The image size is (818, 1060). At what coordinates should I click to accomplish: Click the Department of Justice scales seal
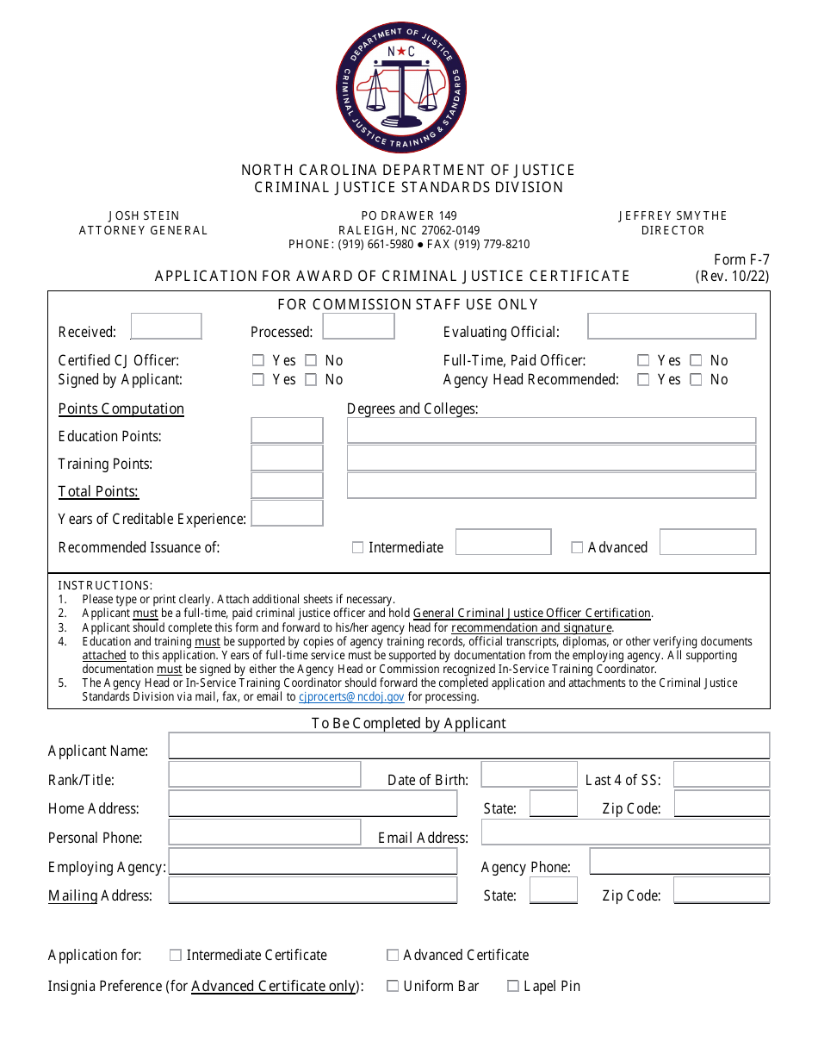(x=401, y=87)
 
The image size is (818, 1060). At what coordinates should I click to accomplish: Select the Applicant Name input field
(x=468, y=746)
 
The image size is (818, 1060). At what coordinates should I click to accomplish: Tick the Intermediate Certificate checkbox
(x=176, y=955)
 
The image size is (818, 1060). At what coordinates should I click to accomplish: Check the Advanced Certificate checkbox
(x=393, y=955)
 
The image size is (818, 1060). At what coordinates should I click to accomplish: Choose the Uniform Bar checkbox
(x=393, y=986)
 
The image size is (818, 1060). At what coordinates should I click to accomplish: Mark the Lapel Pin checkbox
(x=513, y=986)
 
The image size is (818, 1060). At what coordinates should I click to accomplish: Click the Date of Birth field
(x=529, y=775)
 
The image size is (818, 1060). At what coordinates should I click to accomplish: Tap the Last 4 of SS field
(x=721, y=775)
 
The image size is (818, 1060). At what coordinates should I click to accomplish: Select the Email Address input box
(x=624, y=832)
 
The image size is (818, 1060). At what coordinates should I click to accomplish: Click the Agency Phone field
(x=679, y=862)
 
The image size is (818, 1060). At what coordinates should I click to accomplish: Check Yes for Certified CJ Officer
(x=258, y=361)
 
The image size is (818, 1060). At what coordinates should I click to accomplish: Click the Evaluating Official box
(x=672, y=327)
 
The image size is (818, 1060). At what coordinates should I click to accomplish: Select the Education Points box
(x=287, y=431)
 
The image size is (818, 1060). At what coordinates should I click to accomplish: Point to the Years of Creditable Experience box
(x=287, y=514)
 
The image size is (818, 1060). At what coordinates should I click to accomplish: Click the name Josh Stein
(x=144, y=215)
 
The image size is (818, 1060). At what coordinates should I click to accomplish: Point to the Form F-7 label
(x=741, y=259)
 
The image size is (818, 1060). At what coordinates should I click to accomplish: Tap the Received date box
(x=166, y=327)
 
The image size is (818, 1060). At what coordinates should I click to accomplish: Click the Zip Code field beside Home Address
(x=721, y=804)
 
